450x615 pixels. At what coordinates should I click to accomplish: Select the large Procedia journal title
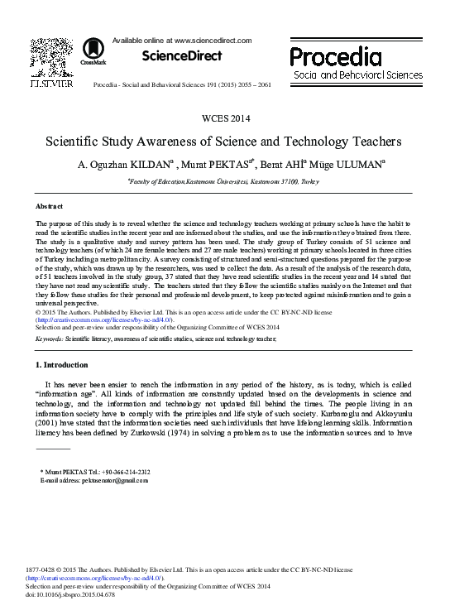pyautogui.click(x=335, y=55)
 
